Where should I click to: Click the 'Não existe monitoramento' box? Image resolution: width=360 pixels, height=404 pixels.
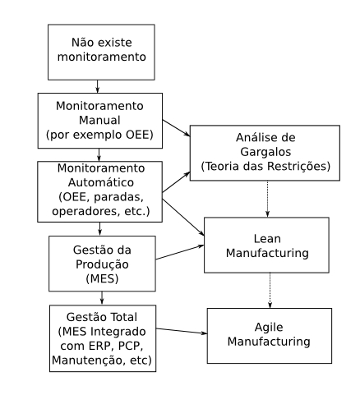click(101, 53)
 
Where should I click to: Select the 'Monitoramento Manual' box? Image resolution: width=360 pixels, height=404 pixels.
click(100, 121)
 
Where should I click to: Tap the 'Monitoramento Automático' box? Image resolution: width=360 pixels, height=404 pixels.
click(100, 191)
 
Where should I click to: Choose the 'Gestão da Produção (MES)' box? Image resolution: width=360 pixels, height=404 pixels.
click(102, 264)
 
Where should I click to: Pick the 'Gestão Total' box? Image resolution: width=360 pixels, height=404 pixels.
click(103, 338)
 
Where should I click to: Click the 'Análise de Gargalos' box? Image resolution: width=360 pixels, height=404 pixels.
click(265, 153)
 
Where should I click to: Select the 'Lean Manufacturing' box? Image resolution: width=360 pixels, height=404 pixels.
click(266, 246)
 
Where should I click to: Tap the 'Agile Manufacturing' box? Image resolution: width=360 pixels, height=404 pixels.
click(270, 336)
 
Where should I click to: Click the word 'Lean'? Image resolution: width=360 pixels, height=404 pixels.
click(267, 239)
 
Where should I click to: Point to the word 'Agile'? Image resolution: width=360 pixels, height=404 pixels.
click(269, 328)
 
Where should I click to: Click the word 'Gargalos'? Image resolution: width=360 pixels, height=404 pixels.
click(265, 152)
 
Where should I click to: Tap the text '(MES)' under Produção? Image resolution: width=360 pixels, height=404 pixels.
click(102, 279)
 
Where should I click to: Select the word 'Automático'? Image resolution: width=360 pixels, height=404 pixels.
click(101, 182)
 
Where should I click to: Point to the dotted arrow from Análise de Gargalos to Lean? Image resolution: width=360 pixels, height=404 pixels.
click(268, 199)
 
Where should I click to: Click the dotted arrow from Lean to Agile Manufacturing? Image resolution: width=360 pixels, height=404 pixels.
click(270, 291)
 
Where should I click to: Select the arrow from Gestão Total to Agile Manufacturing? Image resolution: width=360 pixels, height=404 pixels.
click(182, 331)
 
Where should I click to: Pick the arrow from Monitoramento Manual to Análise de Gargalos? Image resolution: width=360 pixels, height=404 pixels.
click(176, 128)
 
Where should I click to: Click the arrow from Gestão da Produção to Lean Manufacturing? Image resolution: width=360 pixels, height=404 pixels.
click(180, 252)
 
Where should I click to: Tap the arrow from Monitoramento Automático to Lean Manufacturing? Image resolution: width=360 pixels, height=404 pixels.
click(183, 217)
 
